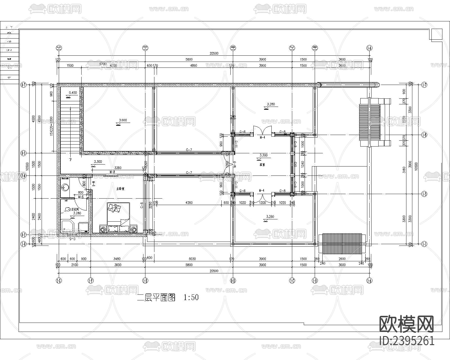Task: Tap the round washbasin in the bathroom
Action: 66,187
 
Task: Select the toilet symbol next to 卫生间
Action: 67,209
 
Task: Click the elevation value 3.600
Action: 123,120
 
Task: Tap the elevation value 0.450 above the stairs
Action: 73,93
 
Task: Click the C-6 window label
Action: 142,206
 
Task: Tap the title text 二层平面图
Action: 156,298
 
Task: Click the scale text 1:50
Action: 191,297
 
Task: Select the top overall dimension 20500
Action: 214,53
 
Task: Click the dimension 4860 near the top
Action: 193,66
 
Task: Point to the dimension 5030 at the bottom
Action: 192,259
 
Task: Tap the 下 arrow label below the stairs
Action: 70,160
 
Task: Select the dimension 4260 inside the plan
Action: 189,202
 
